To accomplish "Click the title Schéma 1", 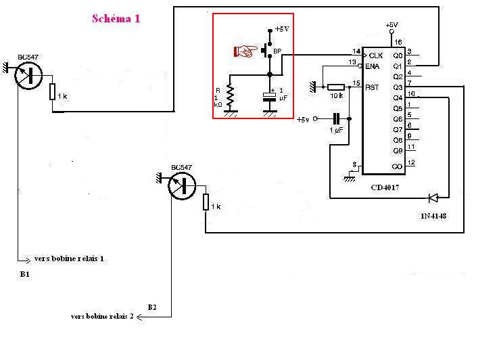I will (x=116, y=19).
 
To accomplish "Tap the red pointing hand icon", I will (x=245, y=50).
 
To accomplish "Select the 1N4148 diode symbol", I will (x=433, y=198).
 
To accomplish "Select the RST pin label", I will (x=372, y=87).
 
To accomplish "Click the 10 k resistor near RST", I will (x=335, y=87).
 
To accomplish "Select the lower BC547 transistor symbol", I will (x=182, y=185).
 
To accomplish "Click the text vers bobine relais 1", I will (x=70, y=258).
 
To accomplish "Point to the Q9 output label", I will (x=398, y=151).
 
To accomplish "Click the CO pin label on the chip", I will (x=398, y=166).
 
